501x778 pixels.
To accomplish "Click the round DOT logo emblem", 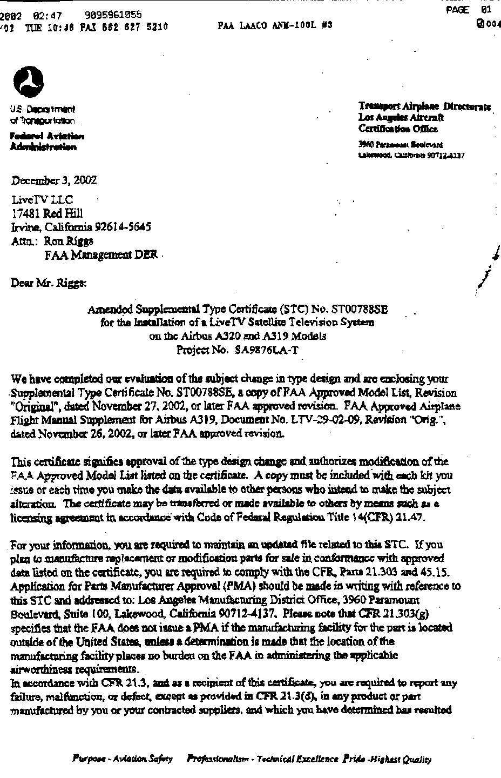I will [x=28, y=83].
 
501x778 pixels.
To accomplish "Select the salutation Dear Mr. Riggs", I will [x=49, y=282].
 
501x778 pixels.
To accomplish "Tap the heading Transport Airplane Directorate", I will [x=424, y=106].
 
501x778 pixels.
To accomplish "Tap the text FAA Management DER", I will [x=101, y=254].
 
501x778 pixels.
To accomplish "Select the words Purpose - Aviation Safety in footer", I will [x=123, y=759].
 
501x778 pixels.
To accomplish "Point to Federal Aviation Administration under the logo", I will [x=47, y=142].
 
